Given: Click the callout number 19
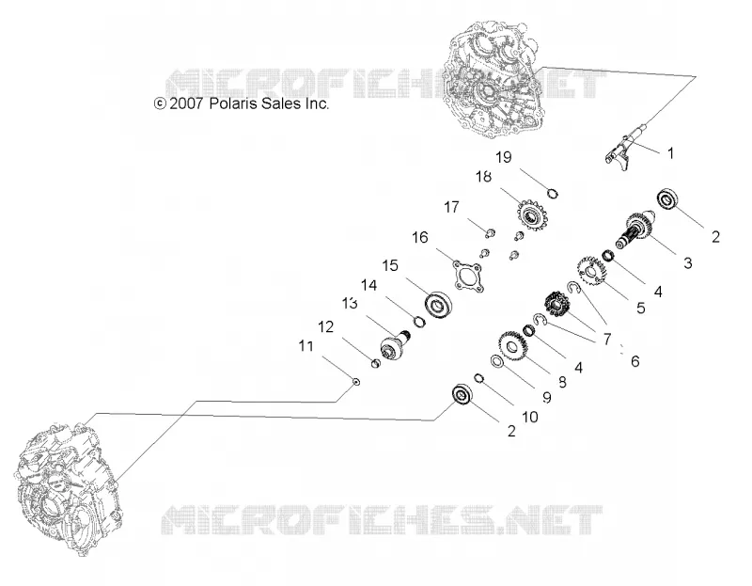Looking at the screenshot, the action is pos(504,157).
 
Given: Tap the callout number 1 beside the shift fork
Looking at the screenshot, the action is pos(671,153).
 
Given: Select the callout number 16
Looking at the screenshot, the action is pos(420,238).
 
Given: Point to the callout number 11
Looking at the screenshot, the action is pos(306,346).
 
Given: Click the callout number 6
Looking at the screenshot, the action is pos(635,361).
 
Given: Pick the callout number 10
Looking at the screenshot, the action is pos(530,417).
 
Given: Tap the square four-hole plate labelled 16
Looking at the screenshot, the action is pos(468,276).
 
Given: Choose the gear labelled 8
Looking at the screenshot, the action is pos(511,345).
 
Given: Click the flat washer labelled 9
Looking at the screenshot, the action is pos(496,361).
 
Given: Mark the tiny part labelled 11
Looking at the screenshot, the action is pos(356,382).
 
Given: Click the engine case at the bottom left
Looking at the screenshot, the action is pos(68,488).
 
